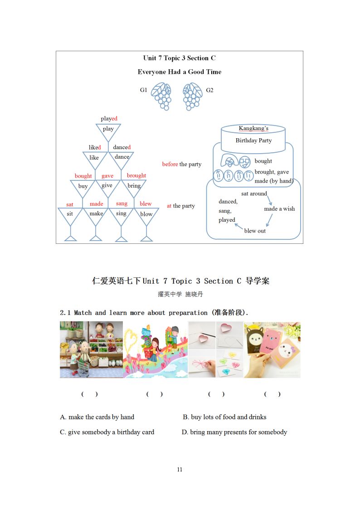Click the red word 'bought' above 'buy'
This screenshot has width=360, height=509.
(x=83, y=176)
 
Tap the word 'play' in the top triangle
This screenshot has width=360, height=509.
(x=108, y=129)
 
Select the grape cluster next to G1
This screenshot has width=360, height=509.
(x=162, y=96)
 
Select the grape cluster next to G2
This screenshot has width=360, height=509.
(x=192, y=96)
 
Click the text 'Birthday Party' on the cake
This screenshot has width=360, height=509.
(x=253, y=141)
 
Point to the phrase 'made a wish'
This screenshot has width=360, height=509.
(x=279, y=209)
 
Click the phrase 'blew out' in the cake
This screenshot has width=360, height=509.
(x=255, y=231)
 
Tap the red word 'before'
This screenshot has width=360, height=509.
(x=170, y=164)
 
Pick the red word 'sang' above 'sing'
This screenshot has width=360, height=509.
(x=122, y=204)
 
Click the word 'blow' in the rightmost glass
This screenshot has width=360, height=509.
(x=146, y=214)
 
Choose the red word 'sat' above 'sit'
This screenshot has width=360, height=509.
(x=70, y=204)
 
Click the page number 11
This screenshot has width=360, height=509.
(x=180, y=470)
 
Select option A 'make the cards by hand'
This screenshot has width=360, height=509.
(x=97, y=417)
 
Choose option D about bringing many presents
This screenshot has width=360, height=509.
(x=234, y=432)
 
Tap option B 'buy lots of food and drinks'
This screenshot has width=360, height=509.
(x=224, y=417)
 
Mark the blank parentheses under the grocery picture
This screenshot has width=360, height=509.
(x=90, y=394)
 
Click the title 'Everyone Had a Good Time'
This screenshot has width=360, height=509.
(x=180, y=72)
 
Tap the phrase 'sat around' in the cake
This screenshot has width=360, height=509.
(x=254, y=194)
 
